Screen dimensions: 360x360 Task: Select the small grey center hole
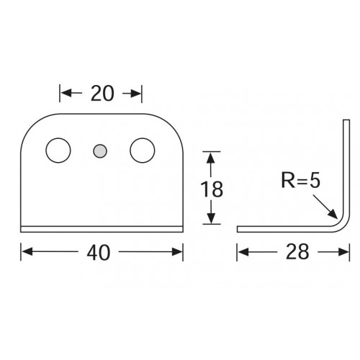click(100, 150)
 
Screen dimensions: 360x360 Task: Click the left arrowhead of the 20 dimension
click(63, 93)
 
